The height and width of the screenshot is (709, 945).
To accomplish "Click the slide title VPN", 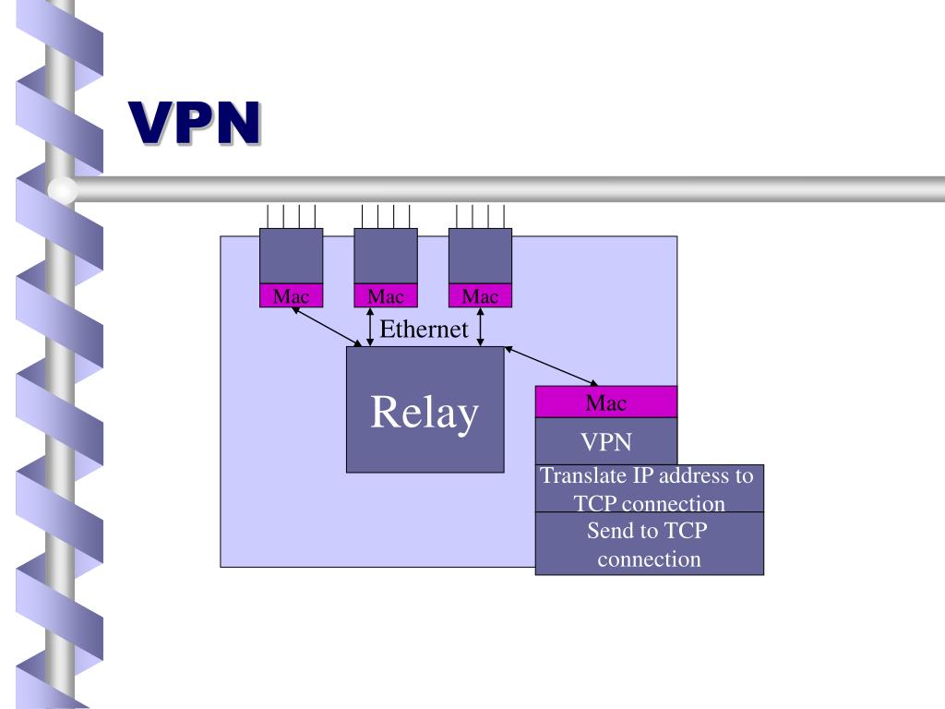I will [193, 123].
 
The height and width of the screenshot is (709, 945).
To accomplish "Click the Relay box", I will [425, 410].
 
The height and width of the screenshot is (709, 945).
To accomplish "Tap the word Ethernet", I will [425, 330].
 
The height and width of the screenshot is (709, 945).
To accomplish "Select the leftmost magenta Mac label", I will [291, 296].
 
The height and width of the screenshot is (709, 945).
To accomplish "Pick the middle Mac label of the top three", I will [386, 296].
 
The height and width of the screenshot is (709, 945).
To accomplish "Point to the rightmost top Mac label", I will [480, 296].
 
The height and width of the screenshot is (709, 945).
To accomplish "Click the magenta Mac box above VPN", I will [605, 403].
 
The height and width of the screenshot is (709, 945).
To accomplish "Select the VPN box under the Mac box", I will [605, 441].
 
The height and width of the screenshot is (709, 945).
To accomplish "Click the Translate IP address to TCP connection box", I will [649, 489].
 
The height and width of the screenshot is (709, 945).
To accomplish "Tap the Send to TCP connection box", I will [649, 545].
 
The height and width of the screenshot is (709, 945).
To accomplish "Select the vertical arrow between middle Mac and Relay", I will [369, 327].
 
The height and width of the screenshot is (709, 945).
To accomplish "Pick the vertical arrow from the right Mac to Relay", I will [480, 327].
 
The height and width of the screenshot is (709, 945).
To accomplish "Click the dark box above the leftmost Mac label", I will [291, 256].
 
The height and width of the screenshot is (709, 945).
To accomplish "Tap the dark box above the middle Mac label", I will [386, 256].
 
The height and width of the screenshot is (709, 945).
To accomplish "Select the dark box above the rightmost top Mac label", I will [480, 256].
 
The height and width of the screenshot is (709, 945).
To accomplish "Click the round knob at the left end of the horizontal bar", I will [63, 190].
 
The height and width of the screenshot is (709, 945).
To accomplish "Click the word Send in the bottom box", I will [609, 531].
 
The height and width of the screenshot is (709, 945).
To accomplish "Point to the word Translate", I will [583, 476].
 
